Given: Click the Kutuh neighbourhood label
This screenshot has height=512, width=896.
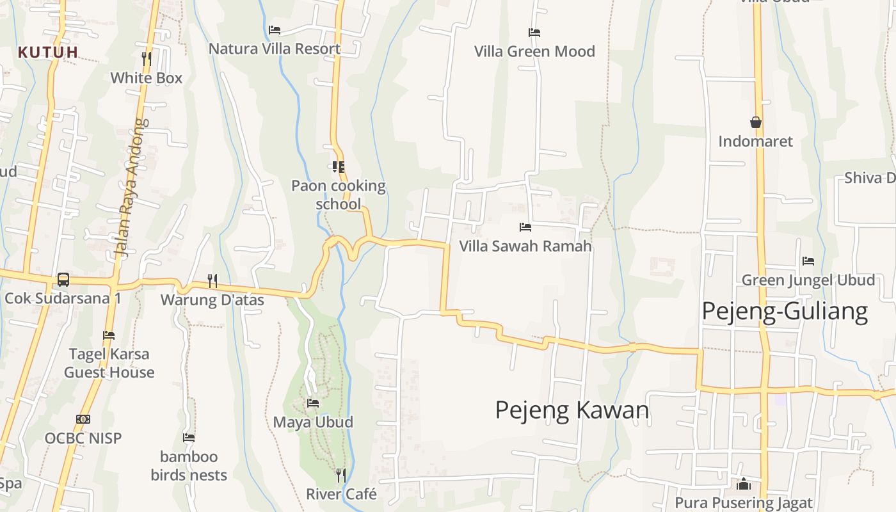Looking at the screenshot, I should point(48,52).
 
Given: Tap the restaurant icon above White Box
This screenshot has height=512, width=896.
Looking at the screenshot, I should point(147,59).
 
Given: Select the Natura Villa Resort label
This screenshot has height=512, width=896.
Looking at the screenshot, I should point(275,49).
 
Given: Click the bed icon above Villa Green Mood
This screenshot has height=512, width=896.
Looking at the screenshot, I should point(534,33).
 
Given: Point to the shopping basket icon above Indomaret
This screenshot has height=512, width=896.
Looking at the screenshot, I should point(756,122).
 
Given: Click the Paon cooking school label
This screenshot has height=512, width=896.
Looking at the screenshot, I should point(339,195).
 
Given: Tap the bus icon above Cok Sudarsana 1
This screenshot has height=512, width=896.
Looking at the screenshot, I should point(63,279).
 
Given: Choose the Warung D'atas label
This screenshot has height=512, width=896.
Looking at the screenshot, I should point(212,300).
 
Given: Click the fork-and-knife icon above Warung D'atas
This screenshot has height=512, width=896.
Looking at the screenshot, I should point(212,280).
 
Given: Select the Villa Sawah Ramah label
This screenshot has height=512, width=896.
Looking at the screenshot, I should point(525,246).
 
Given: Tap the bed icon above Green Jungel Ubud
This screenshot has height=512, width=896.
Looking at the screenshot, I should point(808,261).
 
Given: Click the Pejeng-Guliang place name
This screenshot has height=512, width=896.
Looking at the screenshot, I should point(785,312).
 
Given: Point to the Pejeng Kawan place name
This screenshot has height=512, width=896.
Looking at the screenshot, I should point(572,410).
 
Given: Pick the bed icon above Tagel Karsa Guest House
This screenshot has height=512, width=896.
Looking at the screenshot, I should point(109,335).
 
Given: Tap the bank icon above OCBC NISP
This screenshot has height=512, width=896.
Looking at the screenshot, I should point(83,419).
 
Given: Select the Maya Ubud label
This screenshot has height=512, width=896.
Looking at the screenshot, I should point(313,422).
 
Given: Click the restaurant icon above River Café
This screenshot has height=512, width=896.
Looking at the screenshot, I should point(341,475).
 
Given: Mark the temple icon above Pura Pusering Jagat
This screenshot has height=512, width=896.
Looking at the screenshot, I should point(744,484).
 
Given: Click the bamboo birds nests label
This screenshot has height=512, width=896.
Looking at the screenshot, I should point(189,466).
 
